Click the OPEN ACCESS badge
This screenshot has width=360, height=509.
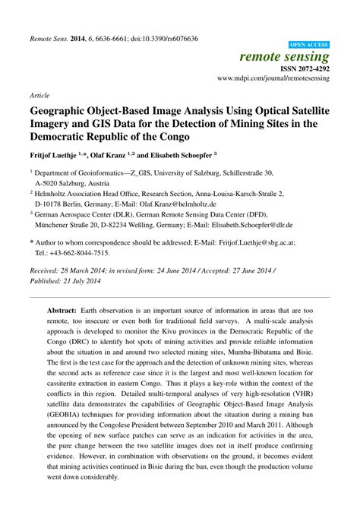(309, 45)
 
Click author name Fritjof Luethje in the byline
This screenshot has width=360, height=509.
(56, 155)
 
